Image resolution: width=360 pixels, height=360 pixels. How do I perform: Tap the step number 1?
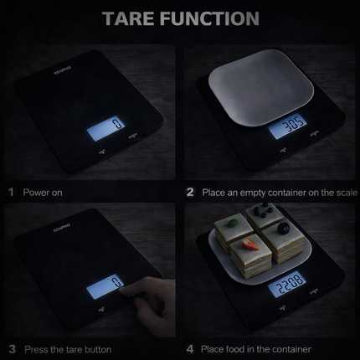tap(12, 192)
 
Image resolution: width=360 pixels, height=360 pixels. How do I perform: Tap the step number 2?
tap(190, 192)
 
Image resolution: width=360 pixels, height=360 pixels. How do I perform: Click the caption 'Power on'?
tap(43, 192)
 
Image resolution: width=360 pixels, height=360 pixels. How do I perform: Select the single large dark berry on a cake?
tap(285, 228)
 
